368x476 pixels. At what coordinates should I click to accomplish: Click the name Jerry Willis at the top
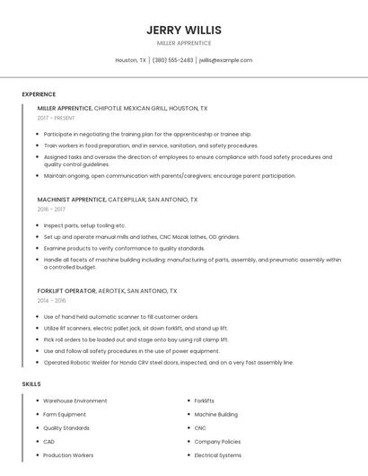pos(184,30)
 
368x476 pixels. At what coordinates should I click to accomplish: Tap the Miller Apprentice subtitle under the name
pos(184,43)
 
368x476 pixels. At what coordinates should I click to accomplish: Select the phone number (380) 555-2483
pos(172,60)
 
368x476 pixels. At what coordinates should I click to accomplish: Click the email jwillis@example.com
pos(225,60)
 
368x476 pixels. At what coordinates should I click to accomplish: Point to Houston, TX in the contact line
pos(130,60)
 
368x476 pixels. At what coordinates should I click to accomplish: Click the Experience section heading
pos(39,94)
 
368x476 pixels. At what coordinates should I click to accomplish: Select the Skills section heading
pos(31,383)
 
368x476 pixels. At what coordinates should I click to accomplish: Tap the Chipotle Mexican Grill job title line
pos(122,108)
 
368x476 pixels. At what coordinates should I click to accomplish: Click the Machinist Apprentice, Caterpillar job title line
pos(118,199)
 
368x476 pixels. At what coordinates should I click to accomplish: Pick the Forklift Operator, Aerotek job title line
pos(107,291)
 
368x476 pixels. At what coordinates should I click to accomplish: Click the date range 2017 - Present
pos(57,119)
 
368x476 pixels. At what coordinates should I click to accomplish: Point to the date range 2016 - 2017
pos(51,209)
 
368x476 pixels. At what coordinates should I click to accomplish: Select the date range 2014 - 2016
pos(51,301)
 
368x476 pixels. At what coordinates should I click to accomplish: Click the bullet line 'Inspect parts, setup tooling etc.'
pos(84,225)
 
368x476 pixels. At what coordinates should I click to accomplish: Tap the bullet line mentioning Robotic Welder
pos(168,363)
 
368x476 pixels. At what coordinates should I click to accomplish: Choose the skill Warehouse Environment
pos(74,401)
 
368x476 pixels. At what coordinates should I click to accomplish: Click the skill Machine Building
pos(216,415)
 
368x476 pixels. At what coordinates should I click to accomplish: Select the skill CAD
pos(49,442)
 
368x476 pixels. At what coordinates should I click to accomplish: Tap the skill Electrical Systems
pos(218,455)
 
